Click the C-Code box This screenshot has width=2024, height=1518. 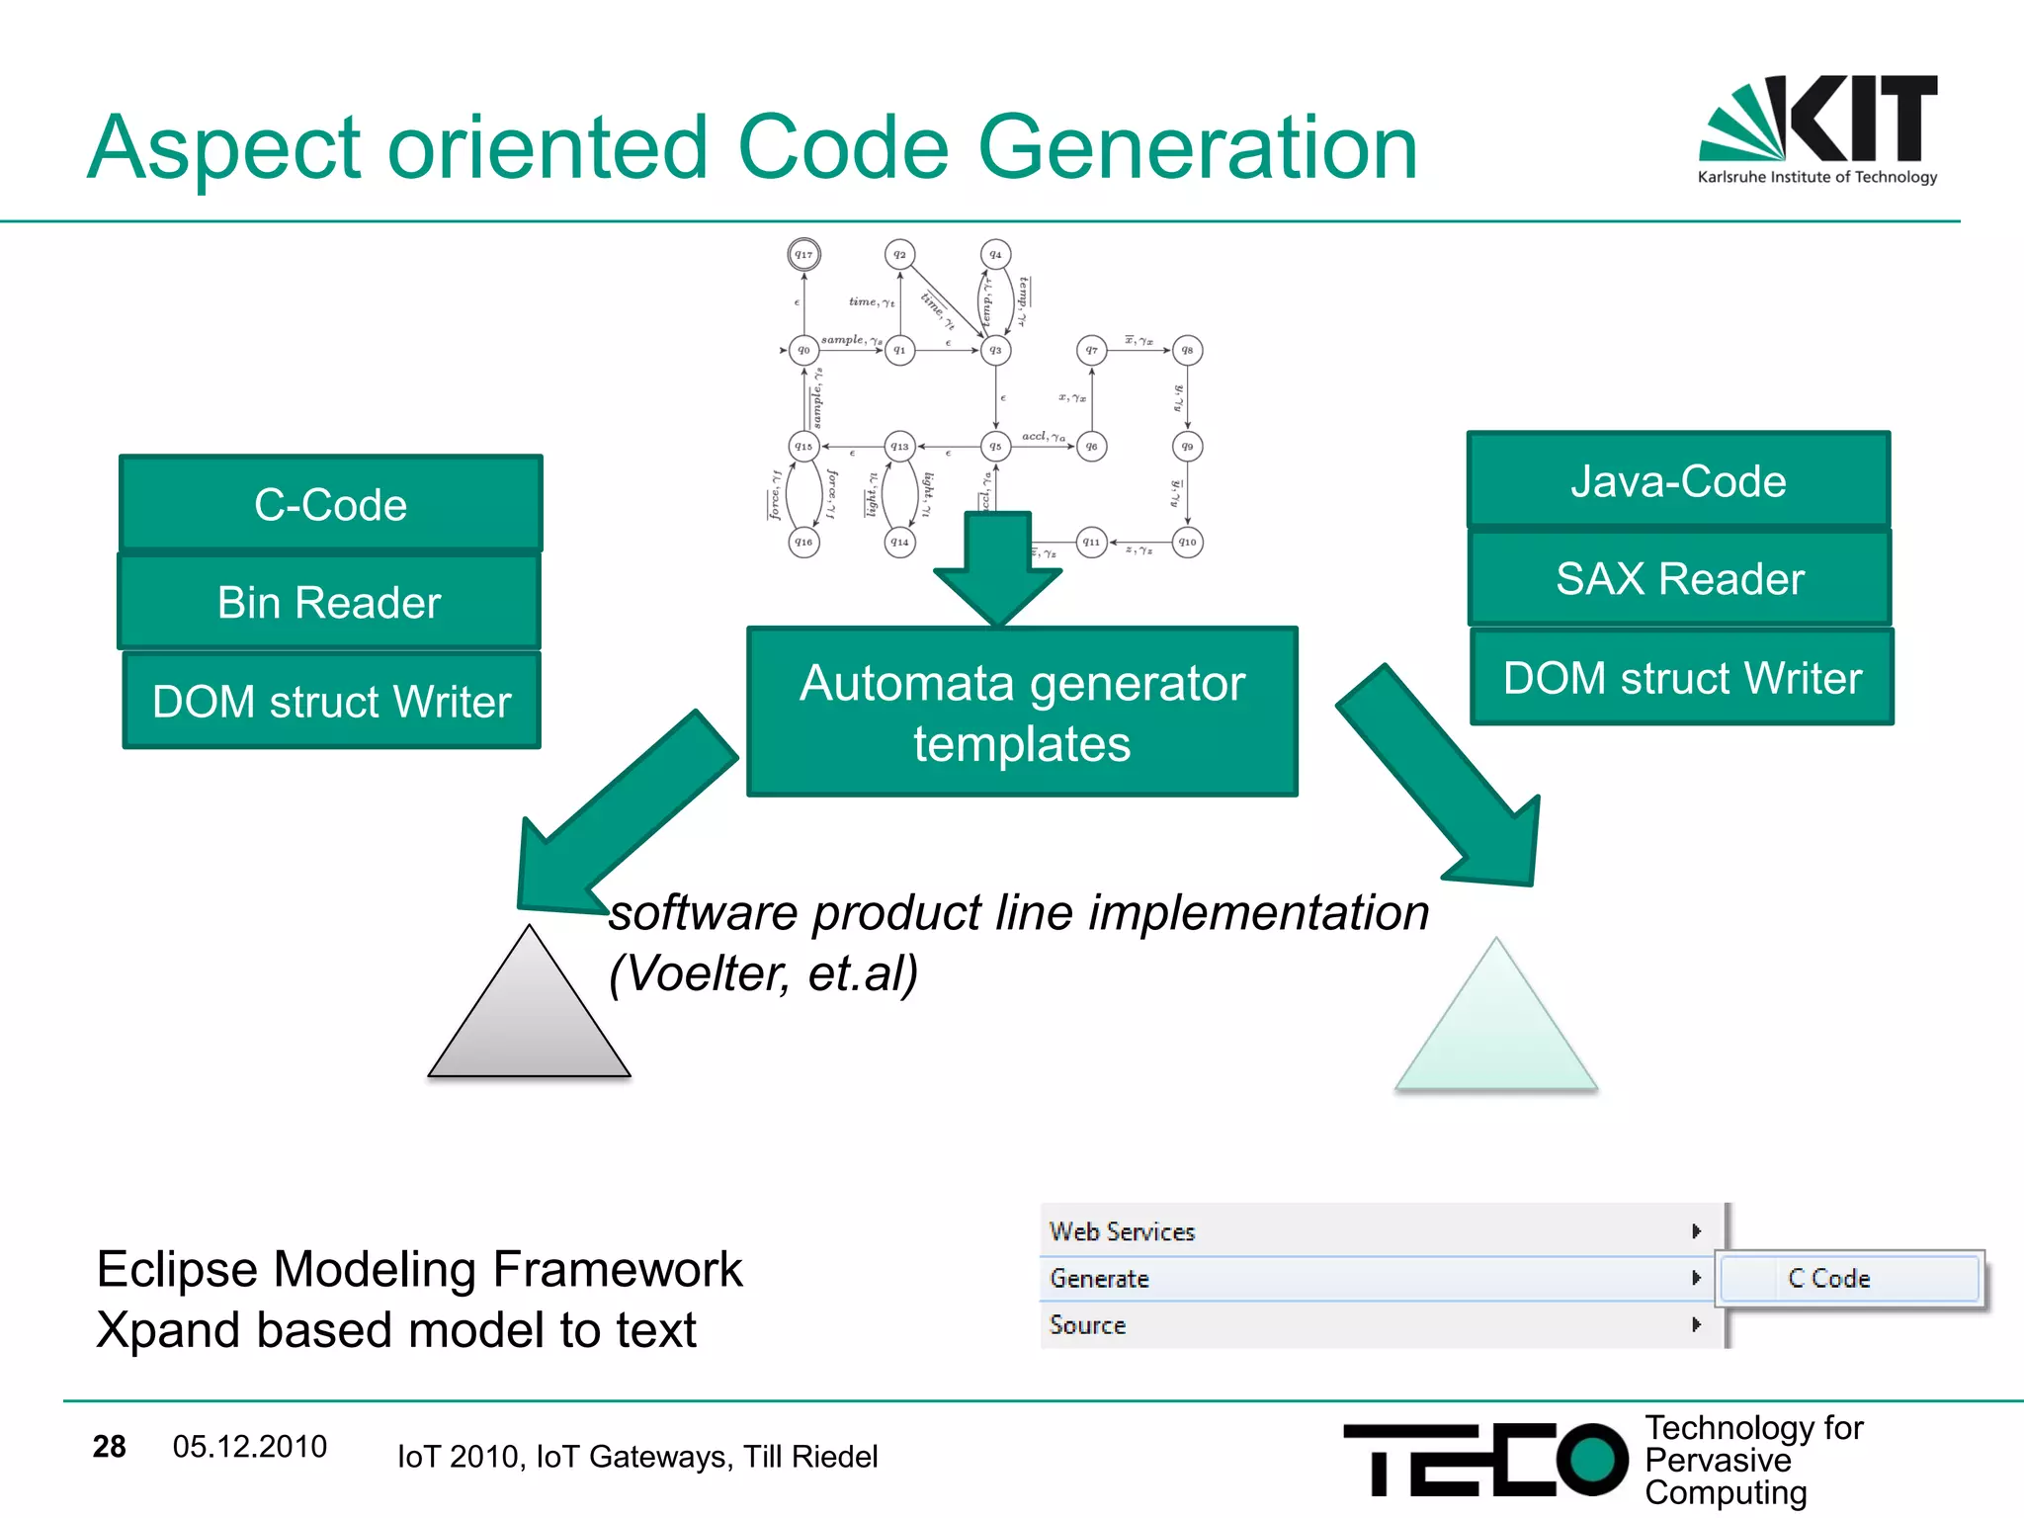click(x=330, y=504)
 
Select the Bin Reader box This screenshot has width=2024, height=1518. click(x=329, y=602)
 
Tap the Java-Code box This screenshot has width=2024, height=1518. click(x=1678, y=481)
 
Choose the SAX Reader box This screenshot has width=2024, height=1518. click(x=1679, y=578)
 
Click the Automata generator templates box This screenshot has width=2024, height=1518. click(x=1022, y=712)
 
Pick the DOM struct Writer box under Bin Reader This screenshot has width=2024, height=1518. click(x=331, y=701)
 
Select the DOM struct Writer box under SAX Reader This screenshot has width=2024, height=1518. click(x=1682, y=678)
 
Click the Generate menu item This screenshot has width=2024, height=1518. click(x=1099, y=1279)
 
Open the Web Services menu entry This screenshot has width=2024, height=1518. click(x=1122, y=1231)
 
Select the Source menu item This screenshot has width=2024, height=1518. click(x=1087, y=1325)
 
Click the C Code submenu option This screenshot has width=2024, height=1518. click(x=1828, y=1279)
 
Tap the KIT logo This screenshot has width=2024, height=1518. click(x=1818, y=128)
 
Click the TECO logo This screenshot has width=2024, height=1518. click(x=1482, y=1459)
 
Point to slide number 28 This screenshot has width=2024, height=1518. click(x=109, y=1447)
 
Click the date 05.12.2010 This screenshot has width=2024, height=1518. click(x=249, y=1447)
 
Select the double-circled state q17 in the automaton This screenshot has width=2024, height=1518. click(x=803, y=255)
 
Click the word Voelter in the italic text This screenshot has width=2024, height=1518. click(x=709, y=973)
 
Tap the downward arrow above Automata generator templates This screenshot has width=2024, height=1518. click(x=997, y=568)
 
